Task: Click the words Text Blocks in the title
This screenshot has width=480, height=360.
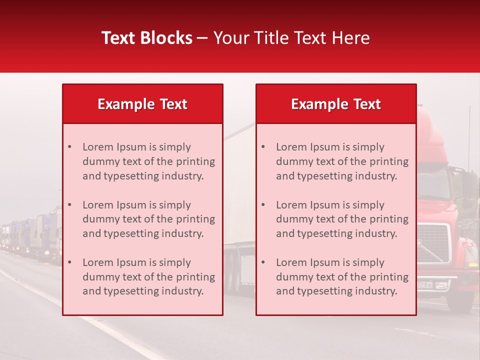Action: point(147,38)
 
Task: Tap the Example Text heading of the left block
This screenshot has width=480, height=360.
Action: point(142,104)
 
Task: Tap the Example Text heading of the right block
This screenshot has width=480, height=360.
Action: point(336,104)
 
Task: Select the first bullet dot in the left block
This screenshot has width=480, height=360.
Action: point(70,147)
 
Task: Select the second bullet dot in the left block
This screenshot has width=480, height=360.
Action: point(70,205)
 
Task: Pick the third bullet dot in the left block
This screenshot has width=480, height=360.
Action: point(70,262)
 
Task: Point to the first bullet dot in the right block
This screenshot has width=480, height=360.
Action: point(263,147)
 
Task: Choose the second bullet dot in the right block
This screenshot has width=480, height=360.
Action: point(263,205)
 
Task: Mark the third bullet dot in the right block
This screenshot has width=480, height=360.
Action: point(263,262)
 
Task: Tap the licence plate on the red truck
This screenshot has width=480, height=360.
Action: point(425,285)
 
